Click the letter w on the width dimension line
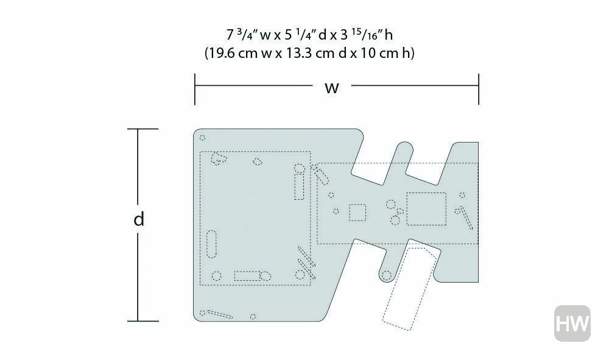tap(332, 88)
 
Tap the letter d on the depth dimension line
tap(139, 219)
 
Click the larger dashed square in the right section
tap(426, 209)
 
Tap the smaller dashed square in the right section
tap(357, 213)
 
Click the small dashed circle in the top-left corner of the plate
tap(202, 138)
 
